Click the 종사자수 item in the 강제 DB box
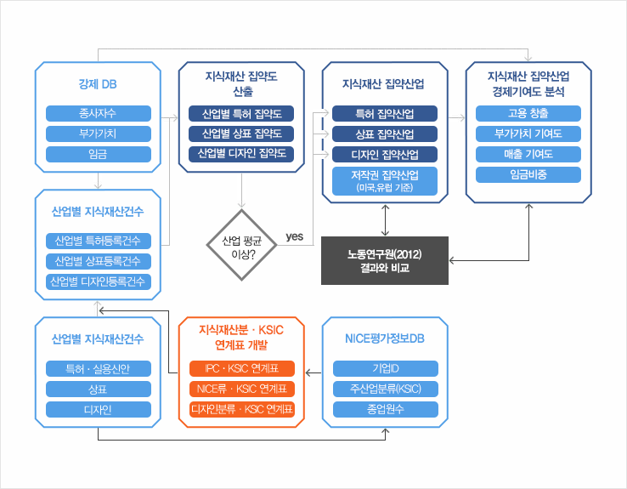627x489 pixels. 98,113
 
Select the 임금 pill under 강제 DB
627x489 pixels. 98,154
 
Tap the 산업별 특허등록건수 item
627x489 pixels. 98,241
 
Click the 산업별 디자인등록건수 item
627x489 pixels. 98,281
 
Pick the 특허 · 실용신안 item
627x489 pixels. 98,369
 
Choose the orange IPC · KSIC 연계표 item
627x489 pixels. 242,369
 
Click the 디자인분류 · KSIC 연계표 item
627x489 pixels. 242,410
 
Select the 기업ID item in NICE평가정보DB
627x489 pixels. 386,369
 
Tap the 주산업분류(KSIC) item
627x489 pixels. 386,389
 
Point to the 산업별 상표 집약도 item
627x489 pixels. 241,134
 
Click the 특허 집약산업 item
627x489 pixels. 385,113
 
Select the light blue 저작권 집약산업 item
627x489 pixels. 385,182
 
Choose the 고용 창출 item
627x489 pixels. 528,113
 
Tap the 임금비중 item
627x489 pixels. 528,175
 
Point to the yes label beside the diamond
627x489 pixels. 295,236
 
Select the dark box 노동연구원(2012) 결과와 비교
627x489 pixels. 385,261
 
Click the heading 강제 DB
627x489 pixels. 98,84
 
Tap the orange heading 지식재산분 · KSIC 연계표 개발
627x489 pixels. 242,337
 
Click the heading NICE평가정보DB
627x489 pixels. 386,338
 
